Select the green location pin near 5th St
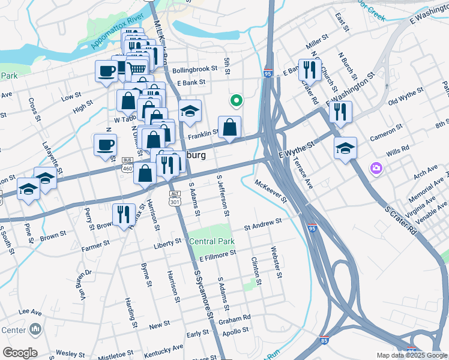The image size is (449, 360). pyautogui.click(x=237, y=101)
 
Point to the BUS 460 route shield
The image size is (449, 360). pyautogui.click(x=127, y=164)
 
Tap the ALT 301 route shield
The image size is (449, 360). pyautogui.click(x=175, y=199)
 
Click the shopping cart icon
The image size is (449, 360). pyautogui.click(x=137, y=69)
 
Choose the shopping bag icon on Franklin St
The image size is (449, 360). pyautogui.click(x=229, y=127)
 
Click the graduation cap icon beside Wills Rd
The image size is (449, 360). pyautogui.click(x=345, y=148)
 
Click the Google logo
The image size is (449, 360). pyautogui.click(x=20, y=353)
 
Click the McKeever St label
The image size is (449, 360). pyautogui.click(x=271, y=191)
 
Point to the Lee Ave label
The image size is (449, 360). pyautogui.click(x=30, y=312)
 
